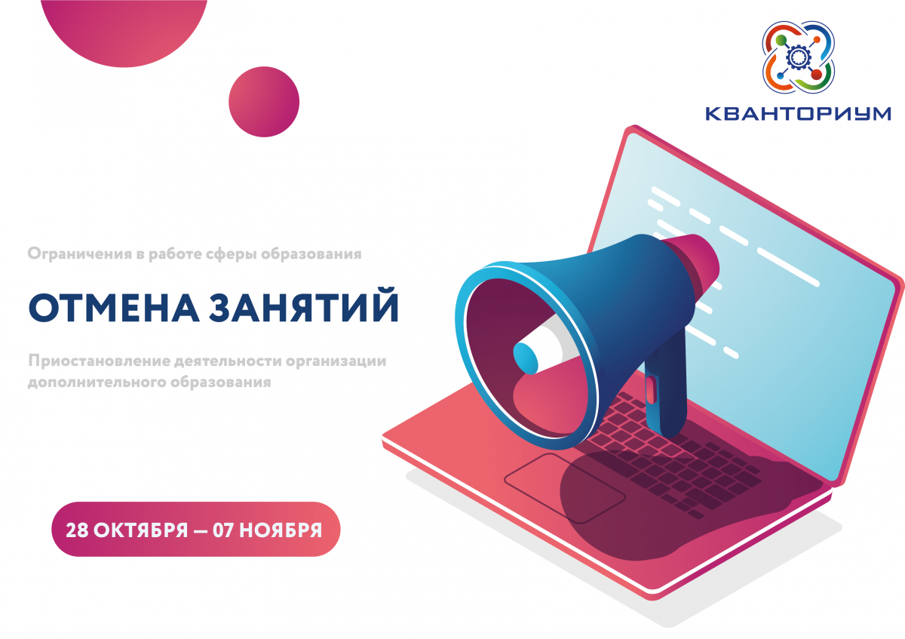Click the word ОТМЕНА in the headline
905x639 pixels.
114,307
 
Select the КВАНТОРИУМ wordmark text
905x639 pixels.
798,114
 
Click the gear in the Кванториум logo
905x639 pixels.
797,57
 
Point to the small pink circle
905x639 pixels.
264,102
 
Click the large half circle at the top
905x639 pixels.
124,29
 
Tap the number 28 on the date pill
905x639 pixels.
77,530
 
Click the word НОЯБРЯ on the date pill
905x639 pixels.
281,530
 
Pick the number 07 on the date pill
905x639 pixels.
223,530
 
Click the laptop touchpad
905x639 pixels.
565,488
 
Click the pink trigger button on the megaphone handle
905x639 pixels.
650,389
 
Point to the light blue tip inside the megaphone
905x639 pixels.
525,358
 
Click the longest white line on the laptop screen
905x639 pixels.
788,267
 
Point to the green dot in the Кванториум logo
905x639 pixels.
781,40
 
